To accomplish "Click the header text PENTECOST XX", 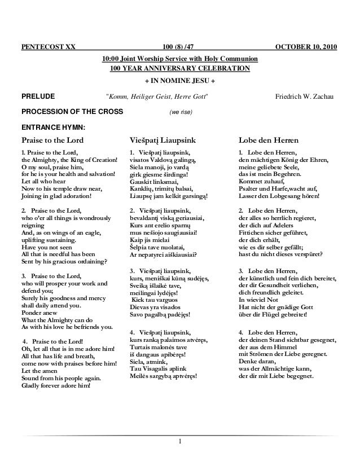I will point(47,46).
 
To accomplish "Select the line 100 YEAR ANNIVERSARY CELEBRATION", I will point(179,69).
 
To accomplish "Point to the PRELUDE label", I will point(38,97).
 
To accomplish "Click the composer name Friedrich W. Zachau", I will point(305,97).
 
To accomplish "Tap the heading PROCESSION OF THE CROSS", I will point(72,111).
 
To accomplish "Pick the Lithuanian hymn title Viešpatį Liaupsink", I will point(161,140).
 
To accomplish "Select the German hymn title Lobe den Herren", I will point(269,140).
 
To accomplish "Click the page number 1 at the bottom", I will point(180,441).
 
